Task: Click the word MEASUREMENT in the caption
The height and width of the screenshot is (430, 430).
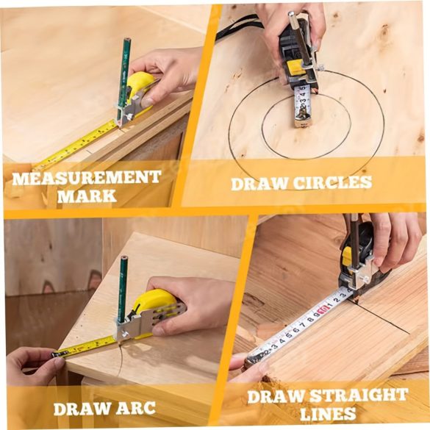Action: (87, 178)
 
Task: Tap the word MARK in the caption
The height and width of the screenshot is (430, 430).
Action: (87, 196)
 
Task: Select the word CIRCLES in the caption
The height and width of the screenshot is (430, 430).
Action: (333, 183)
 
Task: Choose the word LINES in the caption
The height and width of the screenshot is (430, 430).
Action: (328, 414)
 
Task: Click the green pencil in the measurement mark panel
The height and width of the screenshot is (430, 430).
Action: (123, 79)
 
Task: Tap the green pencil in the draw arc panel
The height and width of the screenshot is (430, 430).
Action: (122, 289)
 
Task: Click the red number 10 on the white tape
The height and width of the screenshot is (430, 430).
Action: (323, 309)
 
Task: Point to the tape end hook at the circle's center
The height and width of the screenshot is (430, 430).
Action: (302, 120)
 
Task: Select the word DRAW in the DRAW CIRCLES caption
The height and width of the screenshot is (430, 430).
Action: (259, 184)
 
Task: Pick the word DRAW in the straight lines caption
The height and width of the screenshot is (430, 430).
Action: (276, 396)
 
